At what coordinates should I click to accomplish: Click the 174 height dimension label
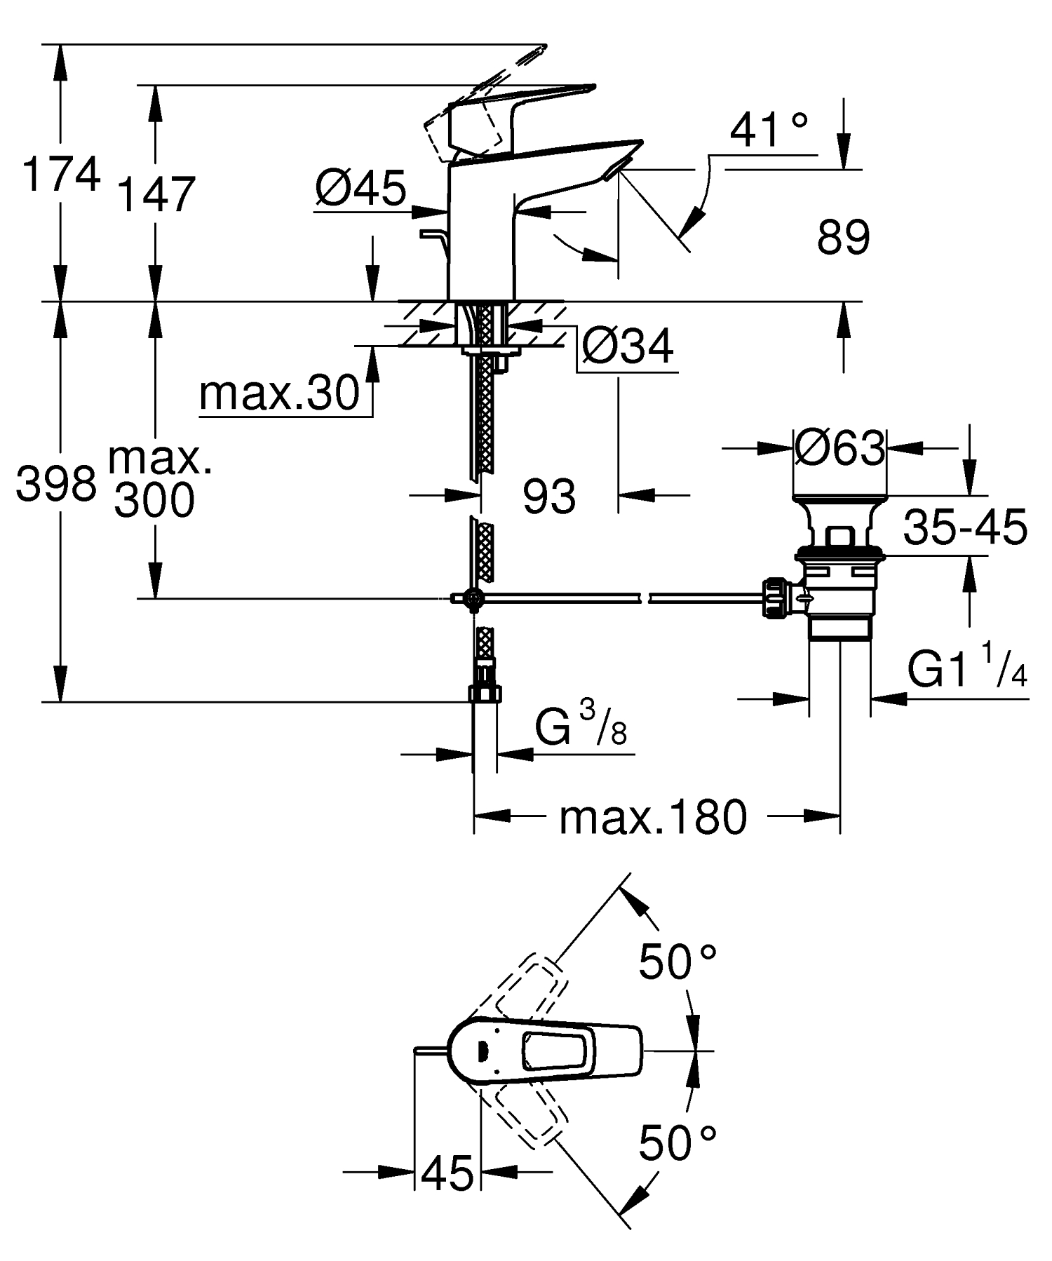point(61,175)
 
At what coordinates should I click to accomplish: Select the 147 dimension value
point(155,195)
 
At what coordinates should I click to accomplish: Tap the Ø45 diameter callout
point(360,188)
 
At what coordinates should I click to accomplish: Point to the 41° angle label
point(769,130)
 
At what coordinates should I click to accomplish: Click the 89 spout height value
point(843,237)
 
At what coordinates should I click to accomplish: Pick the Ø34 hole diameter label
point(628,345)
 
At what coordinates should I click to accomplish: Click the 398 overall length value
point(56,484)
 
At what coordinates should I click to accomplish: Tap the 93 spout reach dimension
point(549,497)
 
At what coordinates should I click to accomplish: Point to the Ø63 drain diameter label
point(840,447)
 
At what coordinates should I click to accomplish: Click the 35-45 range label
point(965,527)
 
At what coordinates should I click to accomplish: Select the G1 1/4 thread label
point(968,670)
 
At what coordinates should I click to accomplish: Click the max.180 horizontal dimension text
point(652,818)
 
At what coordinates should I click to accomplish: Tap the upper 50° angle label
point(677,962)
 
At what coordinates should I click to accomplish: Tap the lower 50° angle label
point(677,1143)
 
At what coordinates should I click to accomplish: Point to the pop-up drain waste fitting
point(838,568)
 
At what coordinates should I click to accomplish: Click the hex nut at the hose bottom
point(485,692)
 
